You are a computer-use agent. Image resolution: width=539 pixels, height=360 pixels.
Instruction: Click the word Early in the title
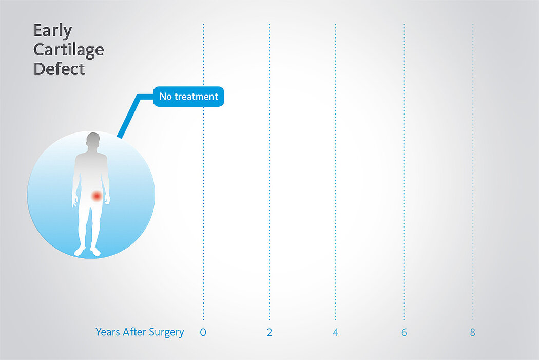click(52, 31)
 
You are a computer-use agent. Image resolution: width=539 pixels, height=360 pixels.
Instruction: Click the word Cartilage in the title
click(69, 50)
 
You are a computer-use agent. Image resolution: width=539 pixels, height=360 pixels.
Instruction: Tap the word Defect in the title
click(59, 69)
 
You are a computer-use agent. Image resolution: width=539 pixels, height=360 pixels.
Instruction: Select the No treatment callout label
click(188, 97)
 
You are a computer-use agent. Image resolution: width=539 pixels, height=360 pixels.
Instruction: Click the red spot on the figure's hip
click(97, 196)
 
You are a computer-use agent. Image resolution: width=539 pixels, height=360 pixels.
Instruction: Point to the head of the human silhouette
click(93, 141)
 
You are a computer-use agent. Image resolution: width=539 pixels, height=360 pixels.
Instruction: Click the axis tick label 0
click(203, 332)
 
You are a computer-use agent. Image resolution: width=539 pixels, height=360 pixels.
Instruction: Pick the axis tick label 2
click(269, 332)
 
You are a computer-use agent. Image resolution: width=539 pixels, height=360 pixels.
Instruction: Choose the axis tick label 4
click(336, 332)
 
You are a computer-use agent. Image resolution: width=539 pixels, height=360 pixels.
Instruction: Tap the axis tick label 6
click(405, 332)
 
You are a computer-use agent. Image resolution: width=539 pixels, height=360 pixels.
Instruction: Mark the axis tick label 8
click(473, 332)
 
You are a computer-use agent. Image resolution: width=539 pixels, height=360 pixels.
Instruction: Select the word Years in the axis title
click(108, 332)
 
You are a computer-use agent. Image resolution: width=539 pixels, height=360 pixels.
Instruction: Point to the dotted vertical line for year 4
click(336, 172)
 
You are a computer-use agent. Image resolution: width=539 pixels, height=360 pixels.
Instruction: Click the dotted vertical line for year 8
click(473, 172)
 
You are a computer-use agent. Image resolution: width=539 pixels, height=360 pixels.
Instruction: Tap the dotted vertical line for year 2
click(269, 172)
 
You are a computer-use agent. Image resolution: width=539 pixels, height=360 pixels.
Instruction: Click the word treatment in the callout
click(196, 97)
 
